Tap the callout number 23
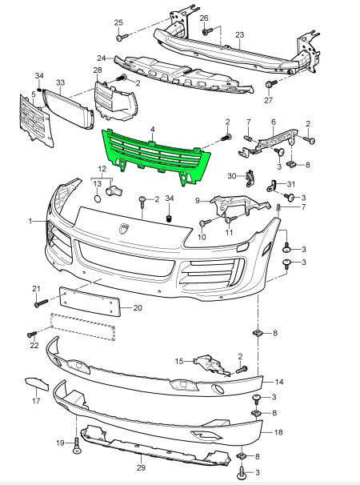click(x=239, y=35)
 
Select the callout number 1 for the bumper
click(x=31, y=219)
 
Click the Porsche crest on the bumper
click(x=124, y=230)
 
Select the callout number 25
click(x=118, y=22)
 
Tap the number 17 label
click(x=35, y=401)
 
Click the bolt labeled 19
click(x=78, y=444)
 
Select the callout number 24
click(x=102, y=58)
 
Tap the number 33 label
click(x=60, y=82)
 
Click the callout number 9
click(x=197, y=201)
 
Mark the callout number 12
click(x=102, y=170)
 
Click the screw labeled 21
click(x=38, y=303)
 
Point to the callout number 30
click(x=232, y=175)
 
